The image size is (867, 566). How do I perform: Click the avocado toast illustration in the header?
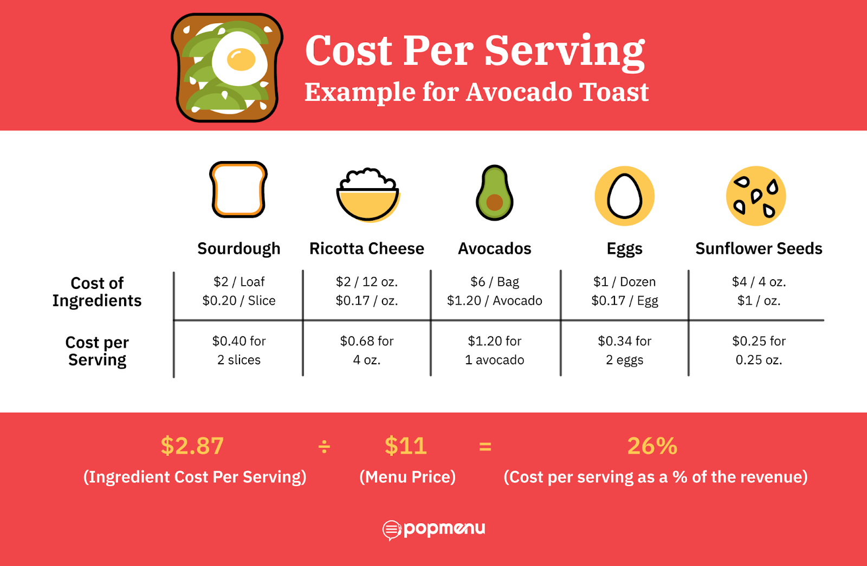[x=227, y=67]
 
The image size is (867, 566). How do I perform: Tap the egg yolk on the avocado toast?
[x=241, y=60]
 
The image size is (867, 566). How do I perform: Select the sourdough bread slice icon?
[x=238, y=190]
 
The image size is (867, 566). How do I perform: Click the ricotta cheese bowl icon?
[x=367, y=195]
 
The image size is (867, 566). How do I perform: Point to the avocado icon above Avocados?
[x=494, y=193]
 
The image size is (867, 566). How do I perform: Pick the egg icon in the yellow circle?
[x=624, y=196]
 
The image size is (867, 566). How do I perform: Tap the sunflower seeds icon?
[x=756, y=196]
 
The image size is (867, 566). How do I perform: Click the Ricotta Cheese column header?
[x=367, y=248]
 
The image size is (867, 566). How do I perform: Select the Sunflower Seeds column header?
[x=759, y=248]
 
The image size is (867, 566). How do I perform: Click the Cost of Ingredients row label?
[x=97, y=292]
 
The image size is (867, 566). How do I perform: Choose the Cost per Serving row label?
[x=97, y=351]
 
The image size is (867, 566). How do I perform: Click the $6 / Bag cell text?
[x=495, y=282]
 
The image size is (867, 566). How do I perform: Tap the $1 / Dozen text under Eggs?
[x=624, y=282]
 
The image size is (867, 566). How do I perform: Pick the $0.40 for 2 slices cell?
[x=239, y=350]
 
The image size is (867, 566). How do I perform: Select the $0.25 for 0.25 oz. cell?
[x=759, y=350]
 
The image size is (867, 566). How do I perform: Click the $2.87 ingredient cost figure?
[x=192, y=446]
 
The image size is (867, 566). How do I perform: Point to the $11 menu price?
[x=406, y=446]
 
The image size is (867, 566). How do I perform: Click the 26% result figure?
[x=652, y=446]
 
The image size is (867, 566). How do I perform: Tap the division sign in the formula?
[x=324, y=447]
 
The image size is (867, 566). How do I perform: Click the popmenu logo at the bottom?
[x=433, y=529]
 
